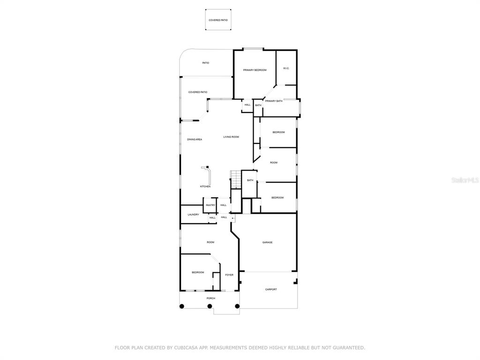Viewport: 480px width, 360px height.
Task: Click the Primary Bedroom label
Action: pyautogui.click(x=255, y=70)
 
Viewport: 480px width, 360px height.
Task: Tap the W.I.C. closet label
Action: pyautogui.click(x=286, y=68)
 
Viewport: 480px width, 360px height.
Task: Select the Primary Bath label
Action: pyautogui.click(x=274, y=101)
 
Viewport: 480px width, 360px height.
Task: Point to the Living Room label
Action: pyautogui.click(x=231, y=137)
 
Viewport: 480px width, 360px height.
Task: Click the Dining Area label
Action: pyautogui.click(x=195, y=140)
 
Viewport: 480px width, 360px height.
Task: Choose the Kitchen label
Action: pyautogui.click(x=205, y=187)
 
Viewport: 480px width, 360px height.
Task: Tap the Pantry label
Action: pyautogui.click(x=210, y=205)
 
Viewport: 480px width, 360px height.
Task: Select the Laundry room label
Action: pyautogui.click(x=194, y=215)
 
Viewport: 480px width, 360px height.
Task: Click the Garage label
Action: pyautogui.click(x=267, y=242)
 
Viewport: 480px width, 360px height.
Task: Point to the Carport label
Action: pyautogui.click(x=271, y=289)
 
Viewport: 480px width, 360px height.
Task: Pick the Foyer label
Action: pyautogui.click(x=229, y=275)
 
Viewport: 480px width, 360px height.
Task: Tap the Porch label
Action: pyautogui.click(x=211, y=298)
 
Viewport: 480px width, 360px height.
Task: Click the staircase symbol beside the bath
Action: pyautogui.click(x=236, y=180)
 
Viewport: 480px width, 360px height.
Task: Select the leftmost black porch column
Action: pyautogui.click(x=181, y=306)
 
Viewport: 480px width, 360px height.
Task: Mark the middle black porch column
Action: pyautogui.click(x=210, y=306)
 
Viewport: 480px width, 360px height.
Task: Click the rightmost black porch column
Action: pyautogui.click(x=237, y=306)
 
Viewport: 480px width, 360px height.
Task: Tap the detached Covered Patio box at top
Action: pyautogui.click(x=218, y=20)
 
